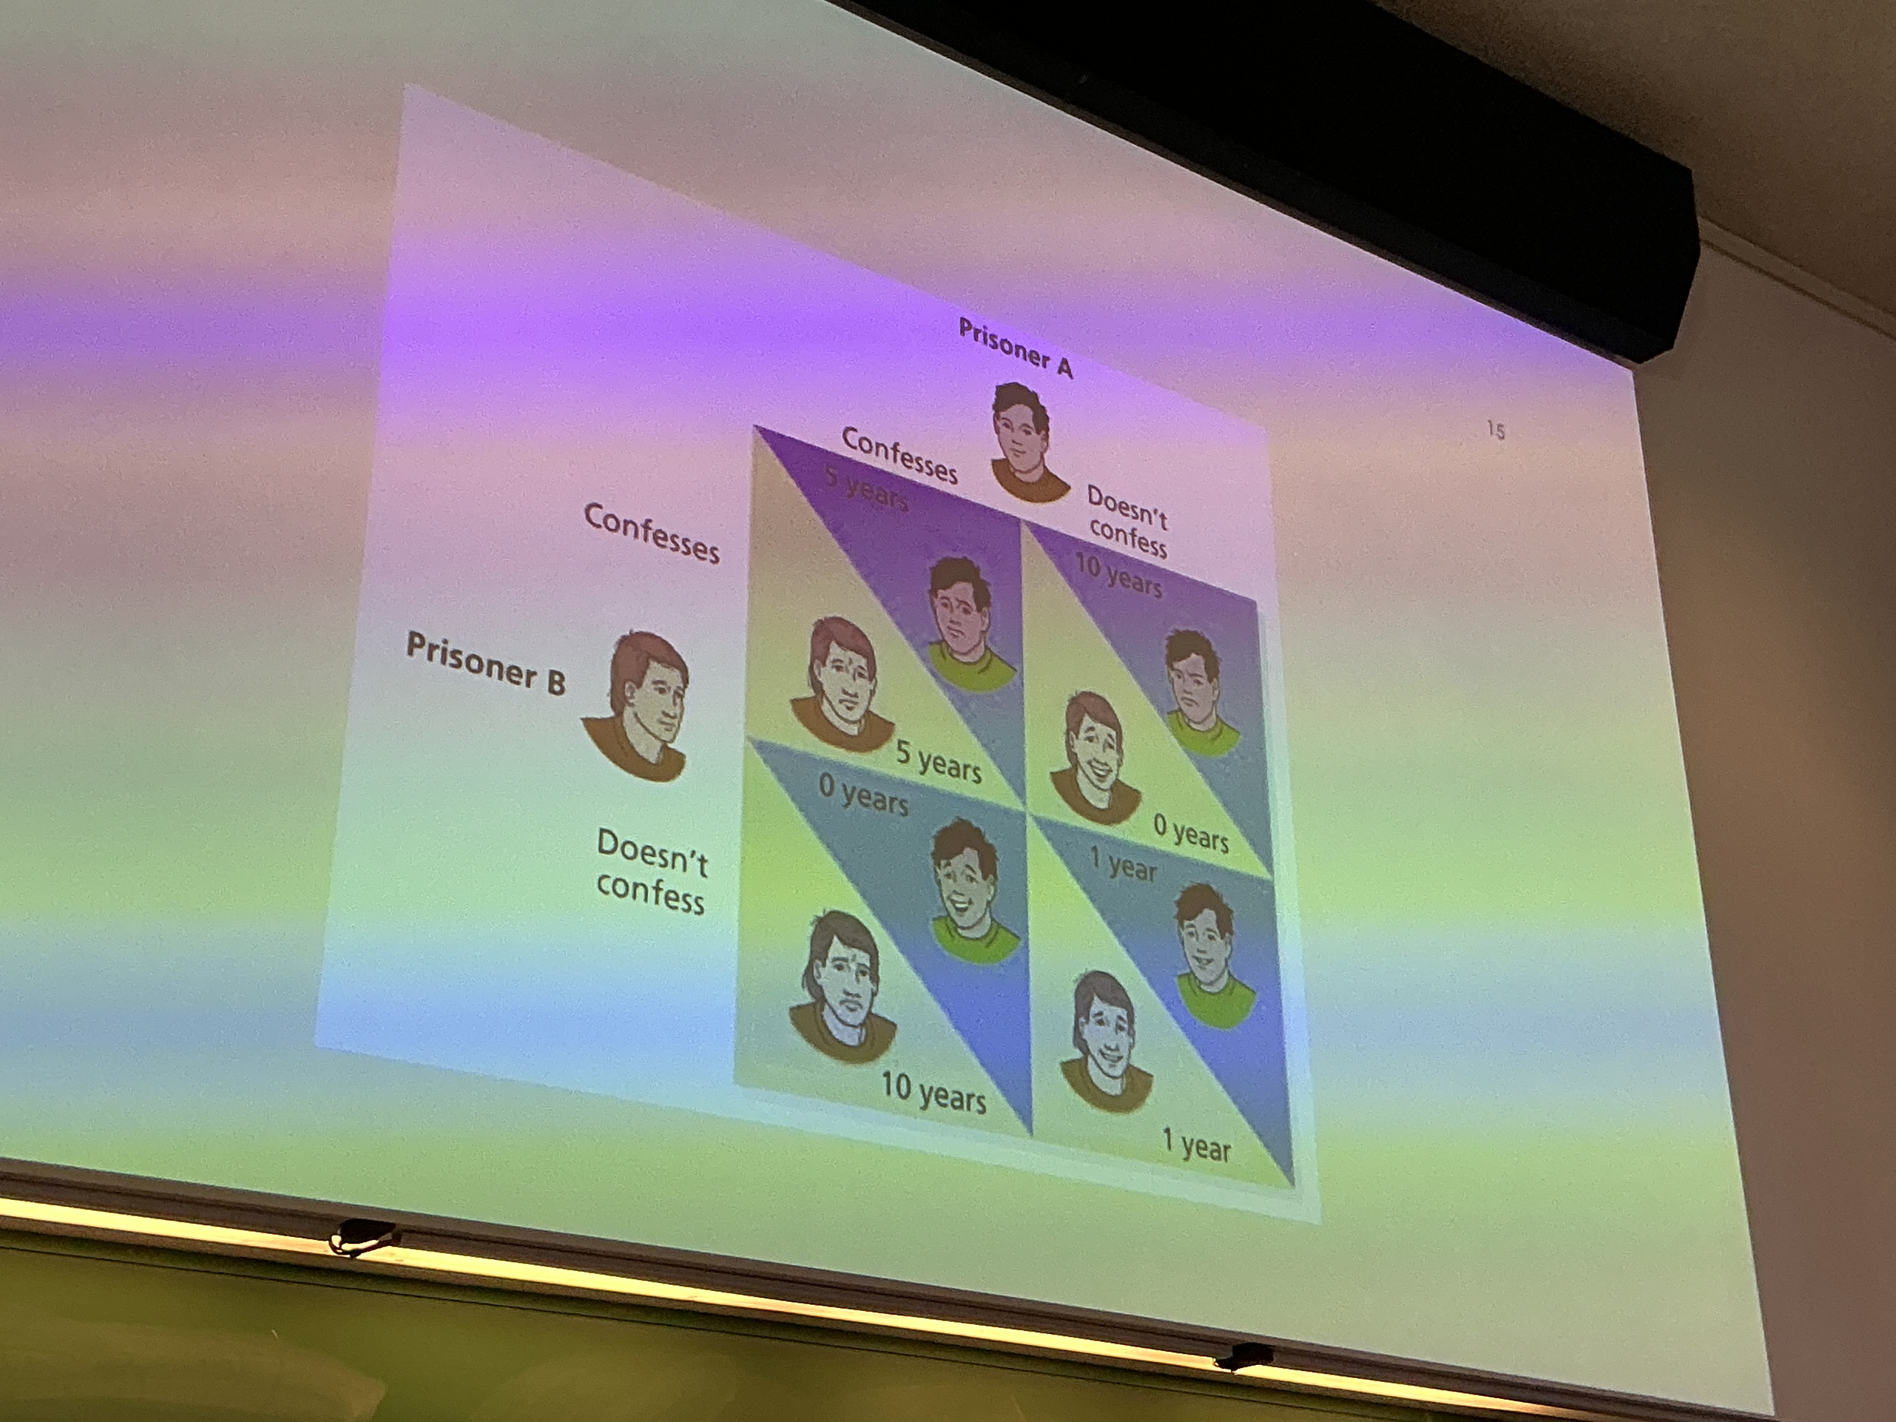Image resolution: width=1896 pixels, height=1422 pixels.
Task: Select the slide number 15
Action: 1496,430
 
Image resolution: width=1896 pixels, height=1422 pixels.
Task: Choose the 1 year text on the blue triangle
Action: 1123,864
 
